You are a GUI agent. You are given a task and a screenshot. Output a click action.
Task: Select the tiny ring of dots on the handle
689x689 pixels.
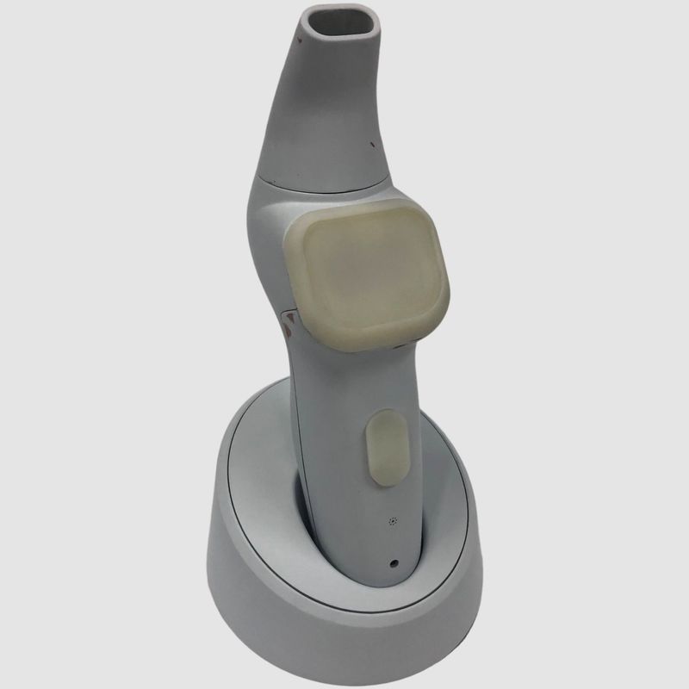click(x=394, y=521)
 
